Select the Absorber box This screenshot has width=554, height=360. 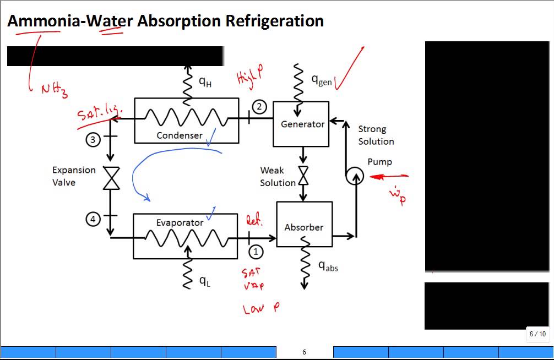pyautogui.click(x=304, y=224)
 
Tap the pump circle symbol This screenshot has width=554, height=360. pyautogui.click(x=355, y=176)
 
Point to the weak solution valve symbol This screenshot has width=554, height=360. pyautogui.click(x=303, y=176)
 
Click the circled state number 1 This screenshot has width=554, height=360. pyautogui.click(x=256, y=252)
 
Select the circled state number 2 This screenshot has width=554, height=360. pyautogui.click(x=259, y=107)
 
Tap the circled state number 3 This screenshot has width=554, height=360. pyautogui.click(x=93, y=140)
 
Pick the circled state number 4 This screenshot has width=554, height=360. pyautogui.click(x=93, y=219)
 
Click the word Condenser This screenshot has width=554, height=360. pyautogui.click(x=179, y=135)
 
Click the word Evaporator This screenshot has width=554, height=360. pyautogui.click(x=180, y=222)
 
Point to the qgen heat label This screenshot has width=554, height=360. pyautogui.click(x=322, y=80)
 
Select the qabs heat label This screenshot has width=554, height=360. pyautogui.click(x=328, y=266)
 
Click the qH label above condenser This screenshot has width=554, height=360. pyautogui.click(x=204, y=82)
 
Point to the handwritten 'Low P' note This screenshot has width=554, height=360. pyautogui.click(x=262, y=309)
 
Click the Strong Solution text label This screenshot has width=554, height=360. pyautogui.click(x=376, y=135)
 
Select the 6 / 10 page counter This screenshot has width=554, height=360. pyautogui.click(x=537, y=334)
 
